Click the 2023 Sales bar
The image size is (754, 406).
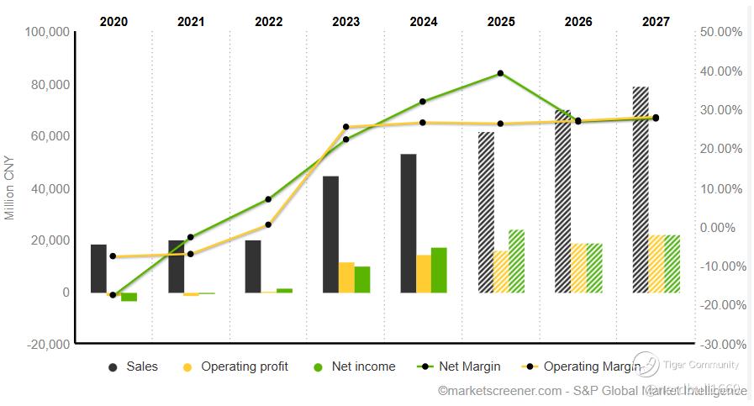(330, 235)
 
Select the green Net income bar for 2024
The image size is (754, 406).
(439, 270)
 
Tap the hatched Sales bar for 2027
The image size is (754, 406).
(641, 189)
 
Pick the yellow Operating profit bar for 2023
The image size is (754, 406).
(346, 277)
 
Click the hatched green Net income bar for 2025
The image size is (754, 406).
(516, 261)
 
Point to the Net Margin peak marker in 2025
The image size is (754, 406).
(501, 73)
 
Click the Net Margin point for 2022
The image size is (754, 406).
(268, 199)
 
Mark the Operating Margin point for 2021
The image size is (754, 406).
(191, 254)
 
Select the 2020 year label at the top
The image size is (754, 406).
(113, 21)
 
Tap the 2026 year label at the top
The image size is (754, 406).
(578, 21)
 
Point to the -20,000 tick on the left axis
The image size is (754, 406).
(47, 344)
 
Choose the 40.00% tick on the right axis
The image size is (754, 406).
(720, 71)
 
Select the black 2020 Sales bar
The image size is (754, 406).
(98, 268)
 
